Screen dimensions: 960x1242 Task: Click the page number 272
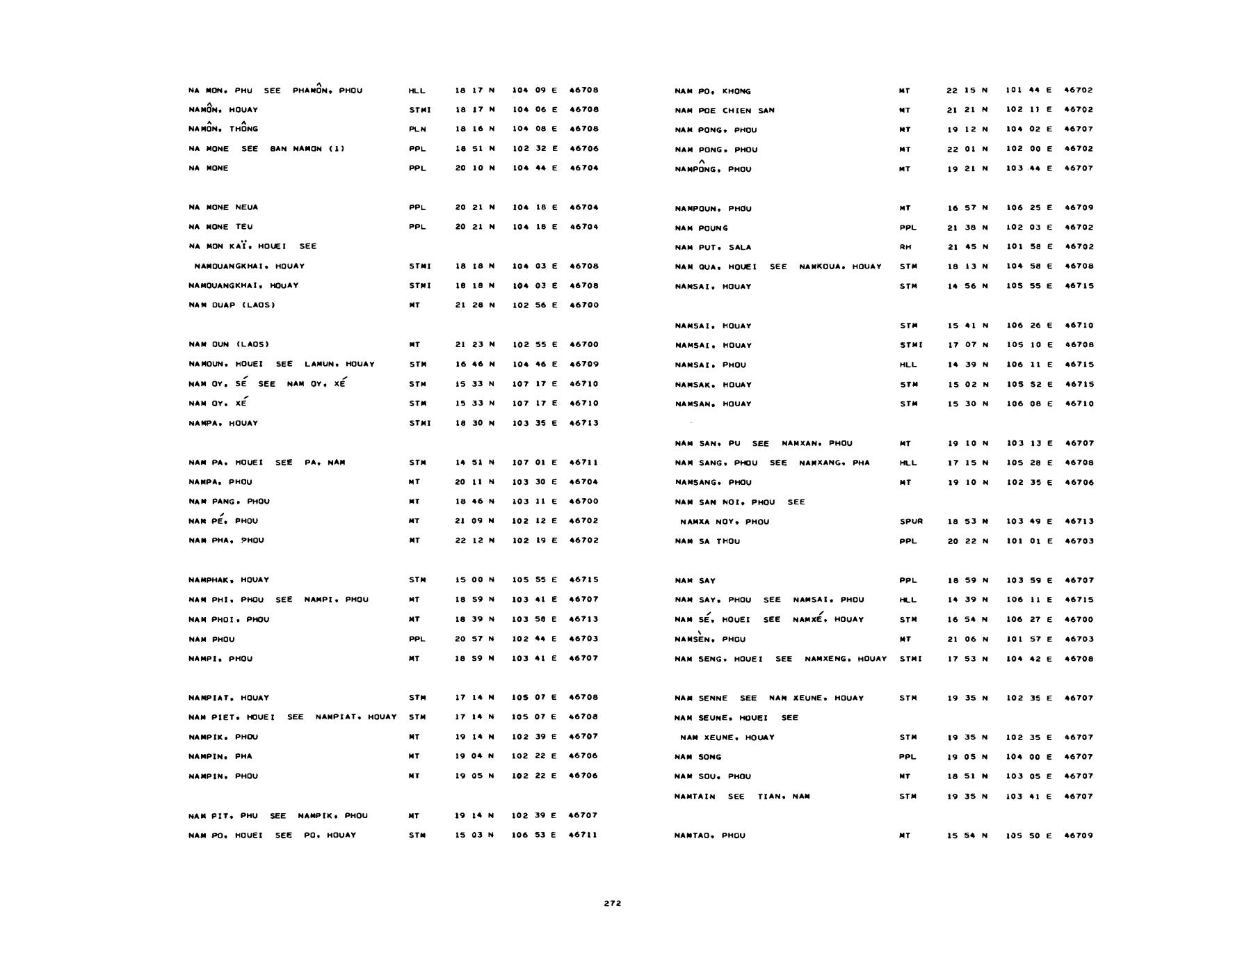(612, 904)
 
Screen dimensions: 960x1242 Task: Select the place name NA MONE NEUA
(218, 207)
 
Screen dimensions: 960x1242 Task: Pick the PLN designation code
(417, 129)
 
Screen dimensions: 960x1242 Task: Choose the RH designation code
(905, 247)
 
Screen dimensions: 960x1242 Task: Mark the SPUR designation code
(911, 521)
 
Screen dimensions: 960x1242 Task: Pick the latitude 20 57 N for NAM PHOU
(474, 639)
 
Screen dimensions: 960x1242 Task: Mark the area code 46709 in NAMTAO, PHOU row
(1079, 835)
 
